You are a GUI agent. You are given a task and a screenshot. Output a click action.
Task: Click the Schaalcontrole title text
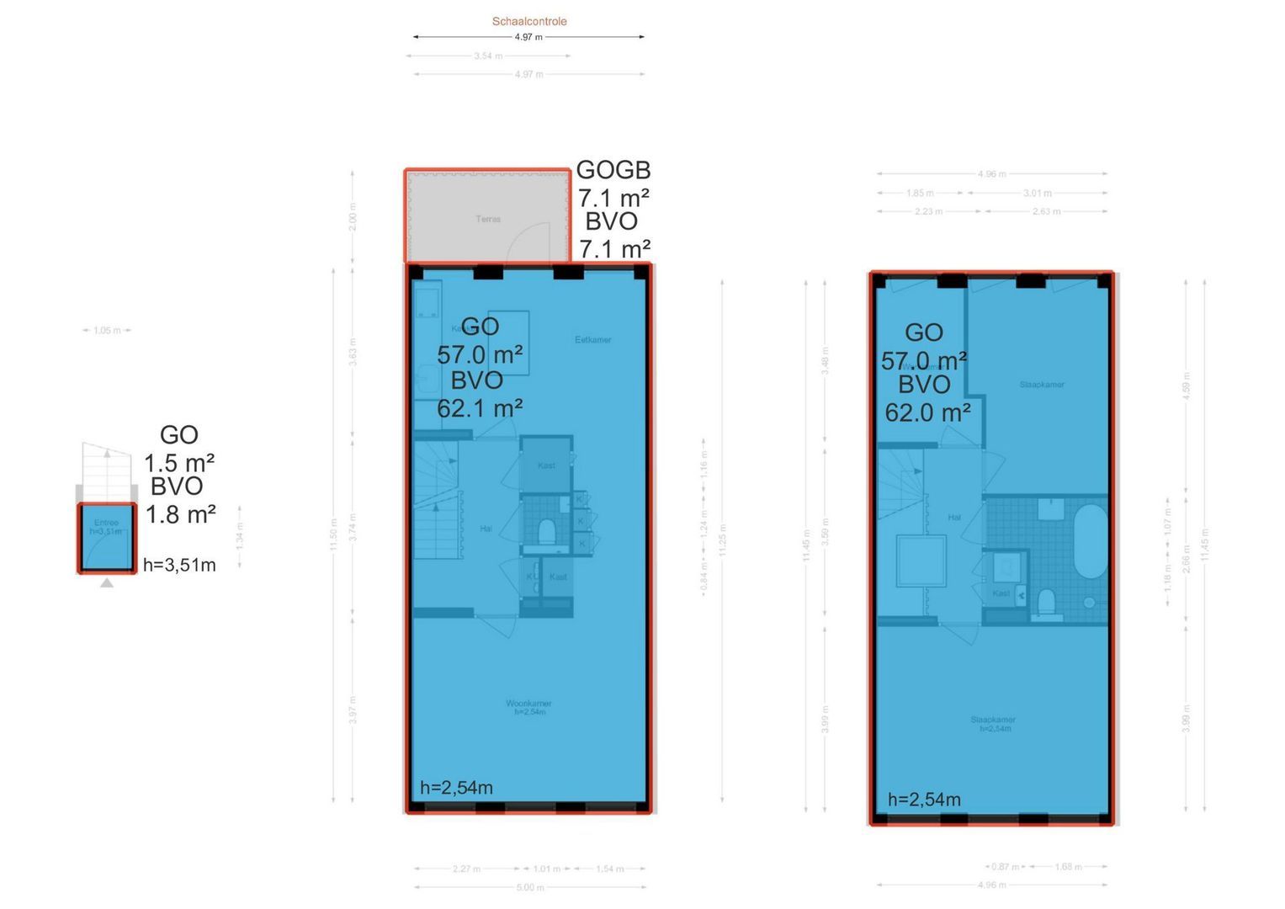coord(529,21)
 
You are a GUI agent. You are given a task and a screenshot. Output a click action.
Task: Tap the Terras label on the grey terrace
coord(488,219)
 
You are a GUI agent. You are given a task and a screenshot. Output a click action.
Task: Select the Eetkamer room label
coord(592,340)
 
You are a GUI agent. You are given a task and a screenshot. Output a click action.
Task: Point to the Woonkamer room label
coord(528,704)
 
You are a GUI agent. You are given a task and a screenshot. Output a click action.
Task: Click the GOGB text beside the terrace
coord(613,171)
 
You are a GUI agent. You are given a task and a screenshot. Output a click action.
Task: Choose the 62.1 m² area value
coord(480,409)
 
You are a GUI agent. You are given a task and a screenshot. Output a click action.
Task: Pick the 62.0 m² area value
coord(927,413)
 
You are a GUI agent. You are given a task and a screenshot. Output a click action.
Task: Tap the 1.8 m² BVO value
coord(180,514)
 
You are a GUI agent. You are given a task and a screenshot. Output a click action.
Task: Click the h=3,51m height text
coord(179,566)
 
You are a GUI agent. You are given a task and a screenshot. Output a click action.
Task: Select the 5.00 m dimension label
coord(529,887)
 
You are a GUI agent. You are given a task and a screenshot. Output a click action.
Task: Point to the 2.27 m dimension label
coord(466,869)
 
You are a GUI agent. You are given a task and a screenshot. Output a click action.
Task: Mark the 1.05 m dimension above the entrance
coord(107,331)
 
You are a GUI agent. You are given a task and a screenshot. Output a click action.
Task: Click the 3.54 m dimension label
coord(488,56)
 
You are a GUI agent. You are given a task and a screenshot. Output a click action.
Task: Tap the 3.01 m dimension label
coord(1037,194)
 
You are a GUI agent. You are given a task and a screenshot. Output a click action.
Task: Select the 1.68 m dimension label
coord(1068,867)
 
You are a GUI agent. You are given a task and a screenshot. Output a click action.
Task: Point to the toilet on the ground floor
coord(546,532)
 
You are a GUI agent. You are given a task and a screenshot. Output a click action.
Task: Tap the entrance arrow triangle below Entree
coord(107,582)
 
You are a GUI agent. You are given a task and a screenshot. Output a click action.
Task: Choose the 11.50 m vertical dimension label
coord(333,534)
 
